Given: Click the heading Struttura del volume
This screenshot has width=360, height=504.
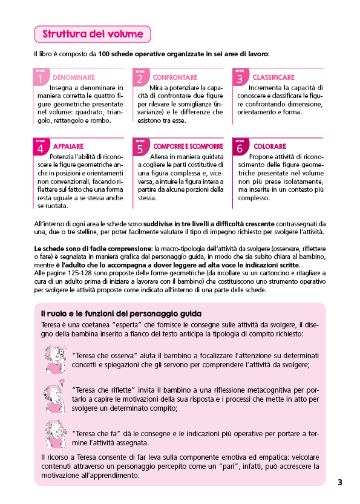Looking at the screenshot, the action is click(x=93, y=34).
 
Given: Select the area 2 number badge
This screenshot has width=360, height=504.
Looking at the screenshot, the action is click(x=140, y=77).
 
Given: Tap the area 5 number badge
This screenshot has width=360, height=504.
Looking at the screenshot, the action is click(x=140, y=146).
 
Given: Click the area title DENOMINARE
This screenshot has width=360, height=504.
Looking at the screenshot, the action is click(x=74, y=78).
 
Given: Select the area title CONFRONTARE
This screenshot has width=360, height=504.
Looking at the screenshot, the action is click(x=175, y=78).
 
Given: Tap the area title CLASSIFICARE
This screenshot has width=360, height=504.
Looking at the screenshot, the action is click(x=273, y=78).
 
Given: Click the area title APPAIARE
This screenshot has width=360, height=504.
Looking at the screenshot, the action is click(x=68, y=146).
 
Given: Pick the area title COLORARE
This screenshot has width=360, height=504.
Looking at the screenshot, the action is click(x=270, y=146).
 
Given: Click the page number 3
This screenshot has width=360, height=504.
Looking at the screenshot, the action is click(x=340, y=482).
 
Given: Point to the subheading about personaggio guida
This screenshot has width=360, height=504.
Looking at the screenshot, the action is click(x=121, y=313).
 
